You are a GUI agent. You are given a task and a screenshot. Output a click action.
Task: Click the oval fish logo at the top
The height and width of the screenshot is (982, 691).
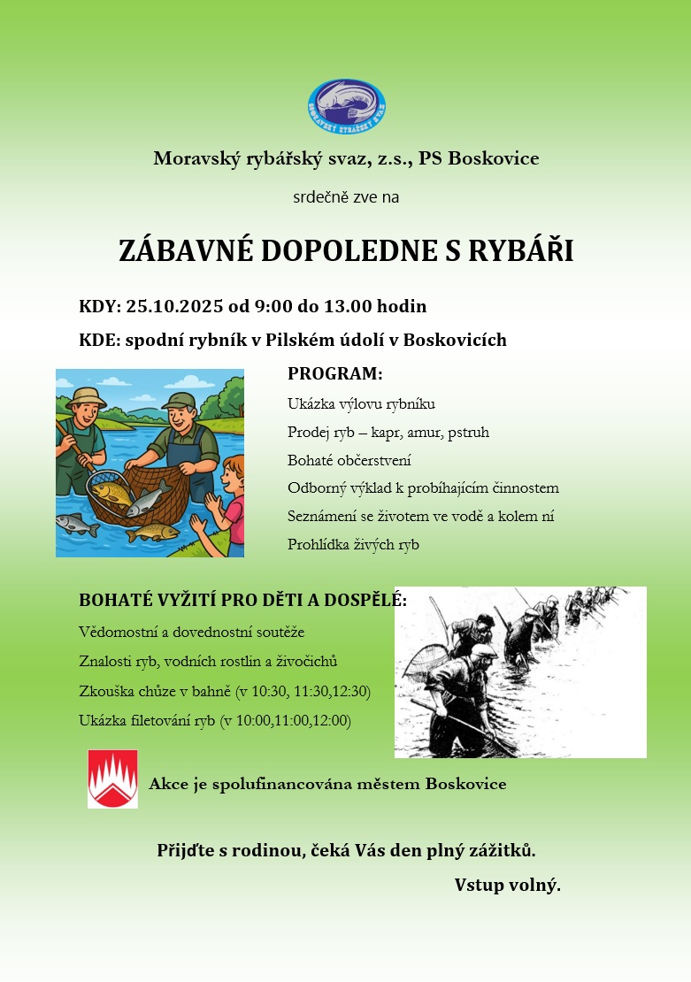(x=346, y=106)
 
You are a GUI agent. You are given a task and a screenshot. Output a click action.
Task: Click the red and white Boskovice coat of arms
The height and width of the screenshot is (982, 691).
(x=112, y=779)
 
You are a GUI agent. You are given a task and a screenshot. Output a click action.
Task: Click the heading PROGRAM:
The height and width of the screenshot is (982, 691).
(x=335, y=374)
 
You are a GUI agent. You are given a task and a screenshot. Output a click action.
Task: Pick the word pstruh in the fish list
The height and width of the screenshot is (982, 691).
(x=469, y=433)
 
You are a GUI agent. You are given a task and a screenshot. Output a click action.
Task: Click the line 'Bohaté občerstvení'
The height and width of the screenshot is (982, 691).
(x=349, y=461)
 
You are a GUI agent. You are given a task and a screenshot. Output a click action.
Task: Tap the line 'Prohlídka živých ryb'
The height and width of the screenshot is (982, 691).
(x=353, y=545)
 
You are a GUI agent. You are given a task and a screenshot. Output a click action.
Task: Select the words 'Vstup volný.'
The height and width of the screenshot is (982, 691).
(x=507, y=885)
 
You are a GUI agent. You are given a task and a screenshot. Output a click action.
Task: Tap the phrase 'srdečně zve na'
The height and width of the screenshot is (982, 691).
(x=346, y=197)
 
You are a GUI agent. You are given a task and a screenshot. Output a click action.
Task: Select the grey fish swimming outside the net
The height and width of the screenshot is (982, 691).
(x=77, y=526)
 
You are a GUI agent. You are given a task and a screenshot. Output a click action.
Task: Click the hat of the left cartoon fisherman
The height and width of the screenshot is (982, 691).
(x=86, y=397)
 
